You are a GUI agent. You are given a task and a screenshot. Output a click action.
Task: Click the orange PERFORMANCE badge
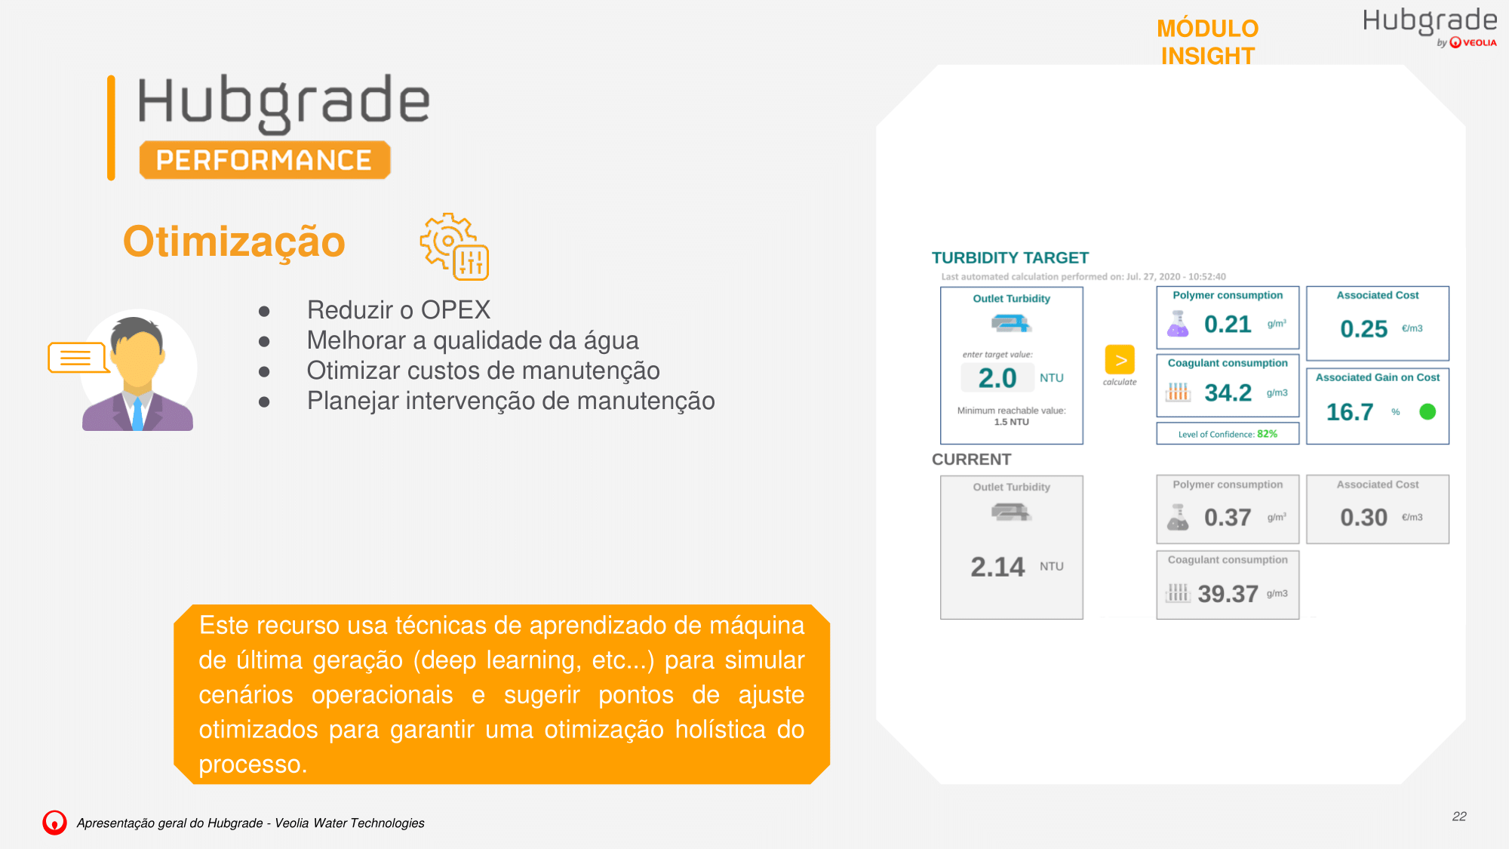pyautogui.click(x=265, y=160)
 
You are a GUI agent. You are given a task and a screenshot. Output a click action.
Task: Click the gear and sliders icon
pyautogui.click(x=454, y=246)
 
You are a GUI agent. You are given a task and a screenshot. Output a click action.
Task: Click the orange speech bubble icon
pyautogui.click(x=77, y=358)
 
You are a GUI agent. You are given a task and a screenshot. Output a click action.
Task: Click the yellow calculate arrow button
pyautogui.click(x=1120, y=360)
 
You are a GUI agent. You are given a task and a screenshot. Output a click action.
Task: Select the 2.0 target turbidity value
pyautogui.click(x=997, y=378)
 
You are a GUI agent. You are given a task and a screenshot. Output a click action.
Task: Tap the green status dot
pyautogui.click(x=1428, y=412)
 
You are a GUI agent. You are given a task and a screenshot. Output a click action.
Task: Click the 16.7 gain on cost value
pyautogui.click(x=1350, y=412)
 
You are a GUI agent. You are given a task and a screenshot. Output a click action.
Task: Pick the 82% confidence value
pyautogui.click(x=1268, y=434)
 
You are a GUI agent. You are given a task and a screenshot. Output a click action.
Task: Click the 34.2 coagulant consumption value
pyautogui.click(x=1228, y=392)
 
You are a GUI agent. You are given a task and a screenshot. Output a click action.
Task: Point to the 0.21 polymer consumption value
pyautogui.click(x=1228, y=325)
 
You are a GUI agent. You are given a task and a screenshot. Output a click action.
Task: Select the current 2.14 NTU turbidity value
pyautogui.click(x=997, y=567)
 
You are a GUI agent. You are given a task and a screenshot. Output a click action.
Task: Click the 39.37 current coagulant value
pyautogui.click(x=1228, y=594)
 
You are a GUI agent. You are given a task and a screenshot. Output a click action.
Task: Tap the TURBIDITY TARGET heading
pyautogui.click(x=1010, y=258)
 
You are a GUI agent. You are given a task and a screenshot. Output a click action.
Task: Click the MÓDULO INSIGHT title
pyautogui.click(x=1208, y=42)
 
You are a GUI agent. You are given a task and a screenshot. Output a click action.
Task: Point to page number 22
pyautogui.click(x=1459, y=817)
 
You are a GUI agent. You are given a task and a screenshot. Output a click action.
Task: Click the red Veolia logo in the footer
pyautogui.click(x=54, y=823)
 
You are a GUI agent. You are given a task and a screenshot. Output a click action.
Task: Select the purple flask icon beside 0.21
pyautogui.click(x=1178, y=324)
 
